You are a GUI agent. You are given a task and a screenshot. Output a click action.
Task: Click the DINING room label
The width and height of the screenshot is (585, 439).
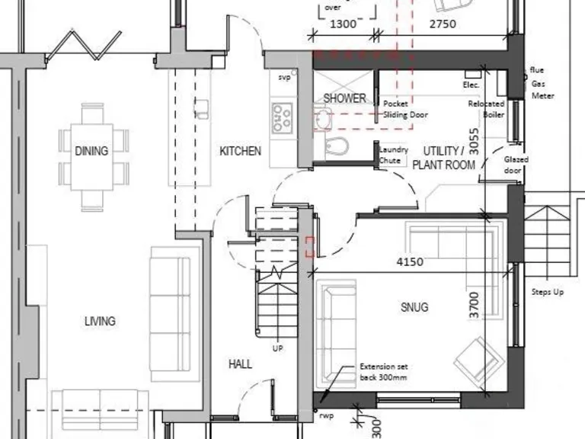[91, 151]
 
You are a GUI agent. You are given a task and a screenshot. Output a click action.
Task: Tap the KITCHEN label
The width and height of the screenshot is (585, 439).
[240, 151]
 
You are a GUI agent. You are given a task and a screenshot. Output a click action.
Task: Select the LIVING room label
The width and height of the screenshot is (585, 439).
[100, 321]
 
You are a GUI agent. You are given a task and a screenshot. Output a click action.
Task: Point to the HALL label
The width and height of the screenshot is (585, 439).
[240, 364]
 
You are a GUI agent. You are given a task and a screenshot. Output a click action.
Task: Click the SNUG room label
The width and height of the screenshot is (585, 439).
[414, 307]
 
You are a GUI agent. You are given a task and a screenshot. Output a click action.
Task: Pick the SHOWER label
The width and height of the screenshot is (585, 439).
[344, 98]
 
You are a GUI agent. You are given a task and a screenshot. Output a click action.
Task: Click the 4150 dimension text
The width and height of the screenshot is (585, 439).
[410, 262]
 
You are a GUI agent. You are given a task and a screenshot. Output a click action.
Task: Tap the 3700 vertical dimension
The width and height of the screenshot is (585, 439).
[475, 304]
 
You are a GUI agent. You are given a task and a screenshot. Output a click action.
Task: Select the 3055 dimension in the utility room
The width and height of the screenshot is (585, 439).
[474, 142]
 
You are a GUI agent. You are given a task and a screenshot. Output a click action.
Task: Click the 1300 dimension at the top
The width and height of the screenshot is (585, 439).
[343, 24]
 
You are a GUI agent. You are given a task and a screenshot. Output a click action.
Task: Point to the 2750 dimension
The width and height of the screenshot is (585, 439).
[443, 24]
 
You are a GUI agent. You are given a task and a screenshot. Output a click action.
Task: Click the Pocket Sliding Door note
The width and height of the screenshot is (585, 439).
[405, 109]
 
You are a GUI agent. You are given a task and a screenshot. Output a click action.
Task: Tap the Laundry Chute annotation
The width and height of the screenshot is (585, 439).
[394, 155]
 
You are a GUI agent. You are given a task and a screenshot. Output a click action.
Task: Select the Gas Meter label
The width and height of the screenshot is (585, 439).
[542, 90]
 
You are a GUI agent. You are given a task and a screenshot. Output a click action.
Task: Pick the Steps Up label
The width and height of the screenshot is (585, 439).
[548, 292]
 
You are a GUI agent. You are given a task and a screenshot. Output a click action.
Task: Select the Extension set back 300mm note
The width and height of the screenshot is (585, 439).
[383, 372]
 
